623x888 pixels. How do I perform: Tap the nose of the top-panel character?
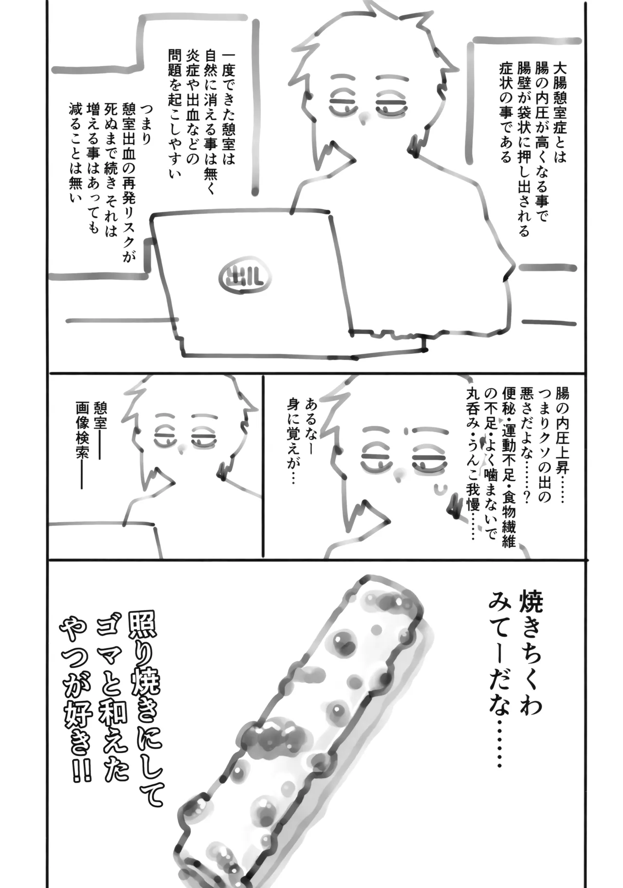point(363,117)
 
